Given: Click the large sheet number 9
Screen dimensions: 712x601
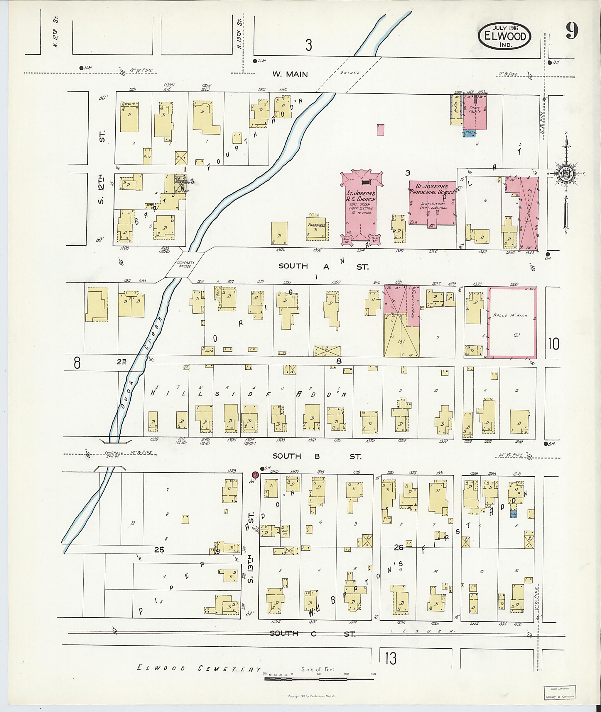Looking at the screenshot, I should point(572,32).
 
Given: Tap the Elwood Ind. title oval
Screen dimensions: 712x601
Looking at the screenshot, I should point(504,36).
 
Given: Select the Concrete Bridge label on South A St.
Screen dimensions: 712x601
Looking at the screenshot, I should point(186,264).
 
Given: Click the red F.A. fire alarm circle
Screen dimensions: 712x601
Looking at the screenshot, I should point(254,475).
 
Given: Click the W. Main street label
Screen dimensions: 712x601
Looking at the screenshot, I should point(290,74).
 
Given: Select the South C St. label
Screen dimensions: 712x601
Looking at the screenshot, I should point(313,634).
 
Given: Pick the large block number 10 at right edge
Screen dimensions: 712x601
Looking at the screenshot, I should point(554,344).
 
